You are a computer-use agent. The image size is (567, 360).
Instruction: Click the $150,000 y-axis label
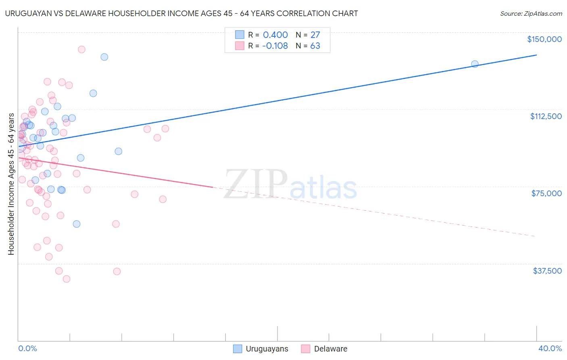(544, 39)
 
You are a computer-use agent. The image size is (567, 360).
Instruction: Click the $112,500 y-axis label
(546, 116)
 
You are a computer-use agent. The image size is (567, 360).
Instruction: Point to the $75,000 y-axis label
(546, 193)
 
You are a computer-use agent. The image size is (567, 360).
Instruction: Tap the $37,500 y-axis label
(547, 271)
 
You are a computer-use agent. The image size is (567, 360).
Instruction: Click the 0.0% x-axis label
(27, 348)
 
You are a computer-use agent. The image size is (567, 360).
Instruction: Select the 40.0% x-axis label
(550, 348)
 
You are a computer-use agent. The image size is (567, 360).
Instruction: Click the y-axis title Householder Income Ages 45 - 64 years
(11, 184)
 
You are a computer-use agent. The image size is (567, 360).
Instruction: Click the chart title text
(181, 13)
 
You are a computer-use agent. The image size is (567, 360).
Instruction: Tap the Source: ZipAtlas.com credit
(531, 14)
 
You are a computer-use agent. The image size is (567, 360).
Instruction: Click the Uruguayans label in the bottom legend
(267, 349)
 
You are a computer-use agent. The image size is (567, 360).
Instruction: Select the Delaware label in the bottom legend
(330, 349)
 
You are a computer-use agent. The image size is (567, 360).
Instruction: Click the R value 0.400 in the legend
(275, 35)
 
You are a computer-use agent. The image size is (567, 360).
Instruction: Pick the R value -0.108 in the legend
(275, 46)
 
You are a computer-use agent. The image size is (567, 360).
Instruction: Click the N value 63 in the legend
(315, 46)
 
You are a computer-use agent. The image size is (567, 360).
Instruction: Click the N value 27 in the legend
(315, 35)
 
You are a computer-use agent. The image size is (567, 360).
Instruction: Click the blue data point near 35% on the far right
(475, 64)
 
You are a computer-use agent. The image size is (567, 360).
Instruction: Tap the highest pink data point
(81, 50)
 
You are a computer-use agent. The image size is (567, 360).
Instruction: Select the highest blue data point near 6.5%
(104, 57)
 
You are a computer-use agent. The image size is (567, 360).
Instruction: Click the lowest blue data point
(77, 224)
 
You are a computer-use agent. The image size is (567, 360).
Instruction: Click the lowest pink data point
(67, 279)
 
